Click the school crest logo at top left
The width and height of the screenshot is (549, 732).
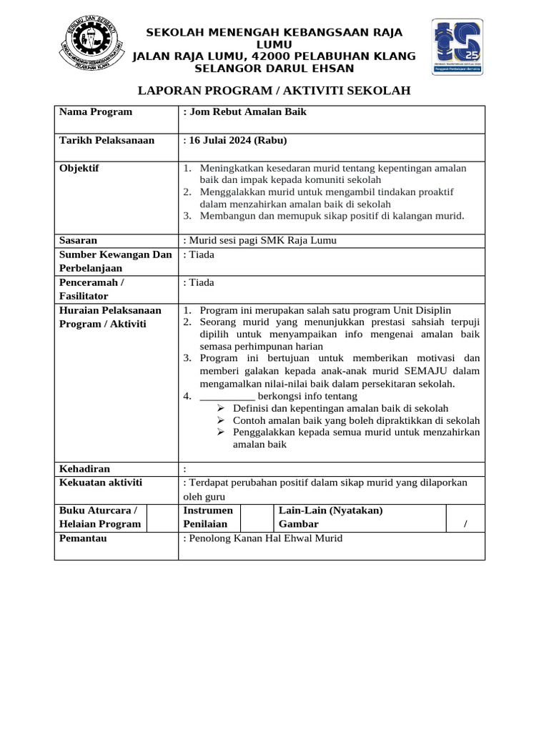89,45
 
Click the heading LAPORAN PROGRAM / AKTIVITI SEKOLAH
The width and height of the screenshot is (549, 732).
274,90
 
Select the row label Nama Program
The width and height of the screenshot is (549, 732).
96,112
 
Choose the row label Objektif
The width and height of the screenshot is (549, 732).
79,169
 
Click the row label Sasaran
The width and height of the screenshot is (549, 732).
78,240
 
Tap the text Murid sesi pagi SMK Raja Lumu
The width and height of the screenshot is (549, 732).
262,240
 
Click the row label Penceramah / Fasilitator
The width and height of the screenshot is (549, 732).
91,289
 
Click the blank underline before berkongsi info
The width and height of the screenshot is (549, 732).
227,396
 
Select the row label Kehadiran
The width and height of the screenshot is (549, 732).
84,469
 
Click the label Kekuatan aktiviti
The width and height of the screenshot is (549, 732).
100,483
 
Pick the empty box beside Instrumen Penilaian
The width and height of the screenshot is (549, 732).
257,518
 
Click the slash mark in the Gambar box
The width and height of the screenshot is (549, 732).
465,525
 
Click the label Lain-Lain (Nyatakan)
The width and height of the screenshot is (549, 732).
330,510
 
